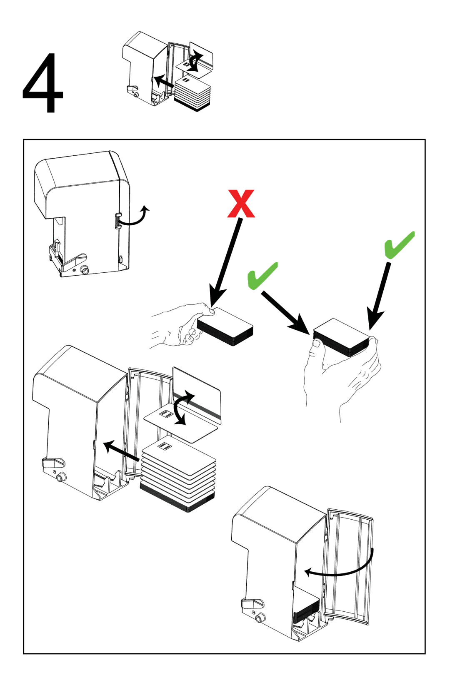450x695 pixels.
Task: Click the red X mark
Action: coord(241,204)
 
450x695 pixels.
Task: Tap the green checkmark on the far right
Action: coord(399,245)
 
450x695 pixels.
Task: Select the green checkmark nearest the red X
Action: coord(262,275)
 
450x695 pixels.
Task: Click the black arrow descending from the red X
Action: coord(226,263)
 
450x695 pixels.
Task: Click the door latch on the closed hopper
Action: coord(118,220)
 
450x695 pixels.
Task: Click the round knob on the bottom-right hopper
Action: coord(260,618)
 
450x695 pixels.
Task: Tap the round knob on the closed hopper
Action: coord(85,270)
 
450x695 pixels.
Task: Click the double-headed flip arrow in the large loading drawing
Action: coord(182,408)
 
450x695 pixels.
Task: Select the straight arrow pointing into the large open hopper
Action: coord(121,451)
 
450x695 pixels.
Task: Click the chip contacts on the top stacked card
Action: coord(165,447)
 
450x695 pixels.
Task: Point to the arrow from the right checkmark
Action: coord(379,296)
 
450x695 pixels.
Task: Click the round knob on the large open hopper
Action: coord(61,477)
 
